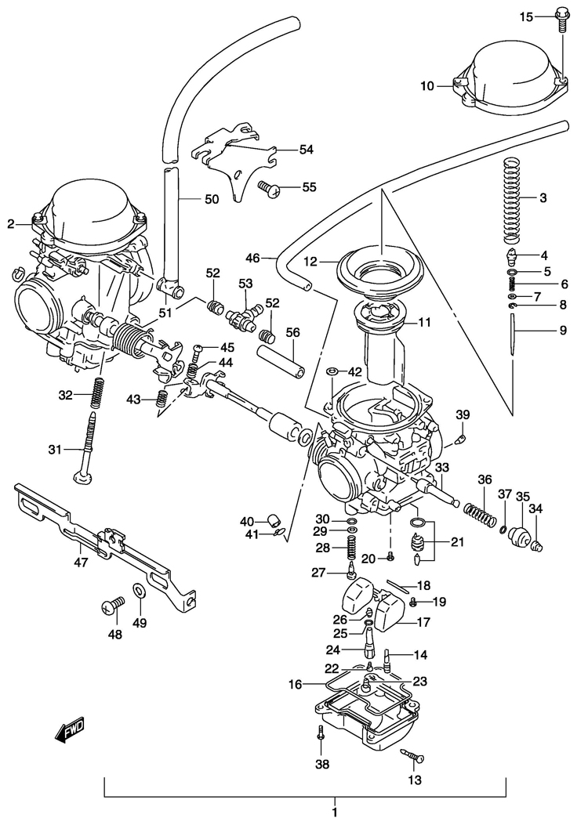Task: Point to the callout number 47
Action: (80, 561)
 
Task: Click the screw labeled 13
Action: (413, 756)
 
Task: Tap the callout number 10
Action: (426, 85)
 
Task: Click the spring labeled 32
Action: (97, 393)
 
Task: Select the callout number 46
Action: (252, 257)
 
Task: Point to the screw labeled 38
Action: (321, 735)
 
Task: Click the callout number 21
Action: (456, 541)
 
